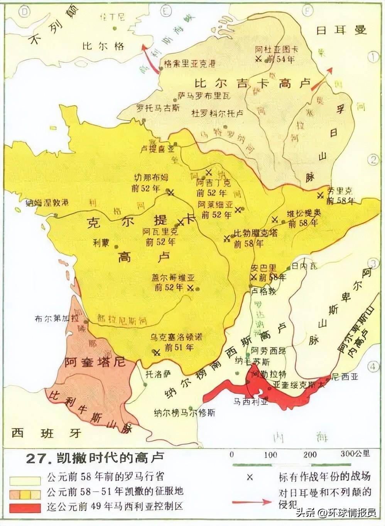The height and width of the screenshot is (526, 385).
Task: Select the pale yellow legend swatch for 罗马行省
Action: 25,480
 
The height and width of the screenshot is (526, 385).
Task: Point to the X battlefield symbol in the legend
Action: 250,477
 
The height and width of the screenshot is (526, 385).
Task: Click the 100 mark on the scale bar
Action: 270,455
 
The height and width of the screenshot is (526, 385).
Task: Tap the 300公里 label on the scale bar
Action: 355,454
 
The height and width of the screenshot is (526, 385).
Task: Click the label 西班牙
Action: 46,433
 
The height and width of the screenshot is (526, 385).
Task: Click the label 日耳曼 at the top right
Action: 341,30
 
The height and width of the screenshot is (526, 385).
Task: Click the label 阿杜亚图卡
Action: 277,50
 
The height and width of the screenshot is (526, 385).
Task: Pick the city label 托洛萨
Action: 157,374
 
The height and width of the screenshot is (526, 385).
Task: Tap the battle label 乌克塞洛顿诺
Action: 176,337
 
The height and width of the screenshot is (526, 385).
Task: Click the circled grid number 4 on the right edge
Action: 373,366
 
